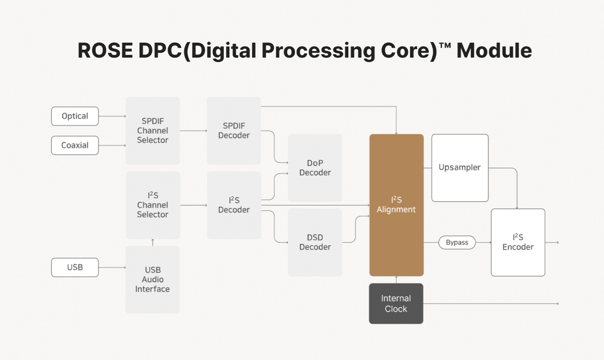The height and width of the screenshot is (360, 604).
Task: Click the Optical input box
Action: point(75,116)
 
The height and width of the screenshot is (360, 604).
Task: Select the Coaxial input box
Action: point(75,146)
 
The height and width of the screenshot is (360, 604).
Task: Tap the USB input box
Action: point(75,267)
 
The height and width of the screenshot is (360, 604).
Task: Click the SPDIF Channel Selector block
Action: point(153,131)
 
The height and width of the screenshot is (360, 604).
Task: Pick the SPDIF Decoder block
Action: point(234,131)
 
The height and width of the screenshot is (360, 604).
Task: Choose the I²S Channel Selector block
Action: point(153,205)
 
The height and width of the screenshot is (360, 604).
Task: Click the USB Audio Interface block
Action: point(153,279)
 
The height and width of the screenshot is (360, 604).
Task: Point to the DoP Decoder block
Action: point(315,168)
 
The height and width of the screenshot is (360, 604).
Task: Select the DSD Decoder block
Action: point(315,242)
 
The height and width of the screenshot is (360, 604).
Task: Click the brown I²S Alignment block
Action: point(397,205)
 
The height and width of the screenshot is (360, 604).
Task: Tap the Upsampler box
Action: point(460,168)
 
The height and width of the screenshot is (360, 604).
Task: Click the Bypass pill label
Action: point(457,243)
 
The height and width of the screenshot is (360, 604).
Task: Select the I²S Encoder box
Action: point(518,242)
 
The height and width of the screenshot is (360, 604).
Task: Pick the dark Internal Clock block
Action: point(396,304)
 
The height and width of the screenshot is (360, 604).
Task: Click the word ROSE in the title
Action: point(98,51)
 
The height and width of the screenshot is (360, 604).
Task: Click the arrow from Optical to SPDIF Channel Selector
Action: point(112,116)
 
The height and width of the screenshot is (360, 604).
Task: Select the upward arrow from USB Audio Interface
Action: point(153,242)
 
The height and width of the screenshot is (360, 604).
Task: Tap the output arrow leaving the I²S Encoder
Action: point(553,242)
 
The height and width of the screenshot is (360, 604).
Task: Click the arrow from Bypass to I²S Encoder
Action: point(483,243)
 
